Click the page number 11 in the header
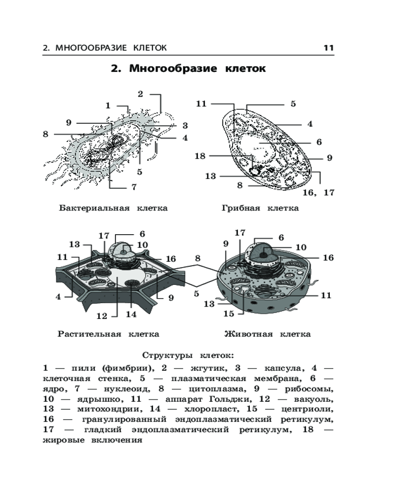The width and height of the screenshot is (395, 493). tap(329, 48)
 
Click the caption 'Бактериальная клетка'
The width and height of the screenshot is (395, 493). tap(113, 208)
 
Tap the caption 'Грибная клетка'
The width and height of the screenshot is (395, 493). tap(260, 208)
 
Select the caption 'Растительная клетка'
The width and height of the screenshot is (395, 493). tap(108, 334)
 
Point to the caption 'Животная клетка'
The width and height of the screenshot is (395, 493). tap(267, 334)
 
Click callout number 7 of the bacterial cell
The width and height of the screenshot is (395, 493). tap(133, 187)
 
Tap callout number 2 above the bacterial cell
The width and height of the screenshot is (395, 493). tap(140, 94)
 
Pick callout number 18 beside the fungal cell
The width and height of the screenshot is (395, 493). tap(199, 156)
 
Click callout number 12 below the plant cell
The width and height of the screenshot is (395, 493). tap(102, 316)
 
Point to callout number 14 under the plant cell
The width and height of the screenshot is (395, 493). tap(131, 314)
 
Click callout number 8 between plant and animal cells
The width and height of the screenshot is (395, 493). tap(197, 258)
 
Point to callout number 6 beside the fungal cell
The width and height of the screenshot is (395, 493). tap(318, 142)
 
